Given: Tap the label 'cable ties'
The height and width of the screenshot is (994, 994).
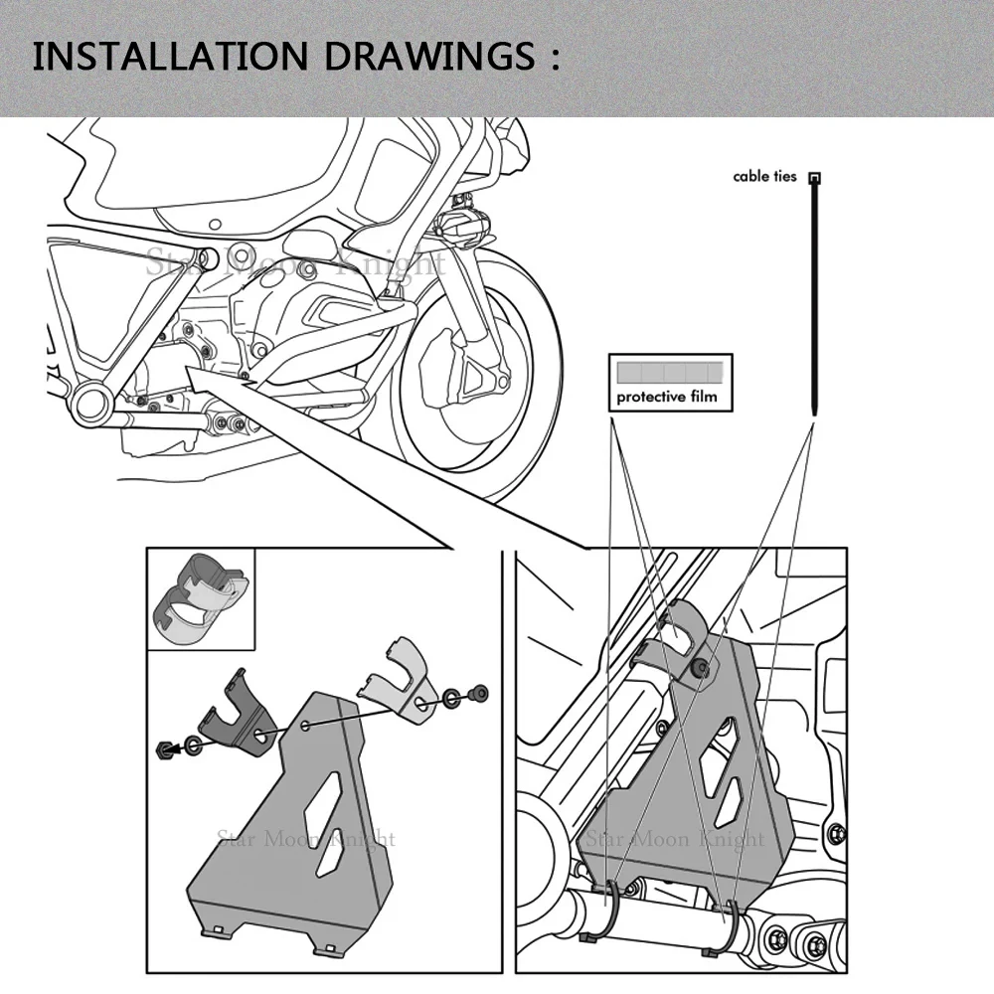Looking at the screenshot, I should (764, 177).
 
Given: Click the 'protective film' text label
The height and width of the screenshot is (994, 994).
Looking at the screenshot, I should (666, 398).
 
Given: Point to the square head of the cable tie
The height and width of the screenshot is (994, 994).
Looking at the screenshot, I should (815, 178).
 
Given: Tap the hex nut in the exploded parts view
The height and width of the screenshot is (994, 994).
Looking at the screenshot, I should (164, 747).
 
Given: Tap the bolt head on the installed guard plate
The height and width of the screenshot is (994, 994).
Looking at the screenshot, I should (702, 669).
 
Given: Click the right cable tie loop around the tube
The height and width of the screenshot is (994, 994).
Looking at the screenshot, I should (733, 921).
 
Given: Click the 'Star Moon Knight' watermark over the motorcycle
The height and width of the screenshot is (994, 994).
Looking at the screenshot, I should (296, 263).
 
